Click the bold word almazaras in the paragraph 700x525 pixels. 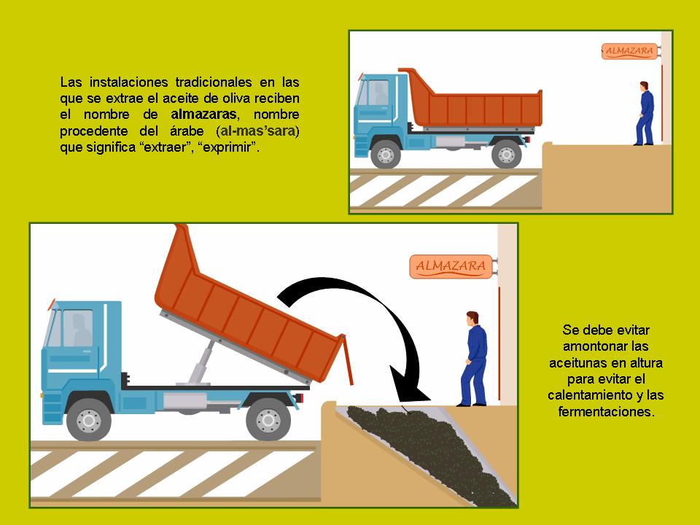(203, 114)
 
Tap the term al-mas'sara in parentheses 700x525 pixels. (258, 131)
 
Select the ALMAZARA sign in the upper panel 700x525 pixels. (629, 51)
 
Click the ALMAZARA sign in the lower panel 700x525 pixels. (451, 266)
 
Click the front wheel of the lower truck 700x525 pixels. (89, 420)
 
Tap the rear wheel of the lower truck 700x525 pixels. (268, 420)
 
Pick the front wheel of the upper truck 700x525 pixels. (386, 154)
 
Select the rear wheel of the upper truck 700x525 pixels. (506, 154)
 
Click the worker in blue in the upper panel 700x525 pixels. (645, 114)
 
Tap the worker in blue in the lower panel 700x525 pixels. (473, 359)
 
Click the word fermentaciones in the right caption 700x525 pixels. (606, 411)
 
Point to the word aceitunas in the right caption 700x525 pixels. (576, 362)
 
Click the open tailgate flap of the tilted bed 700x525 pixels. (347, 359)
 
